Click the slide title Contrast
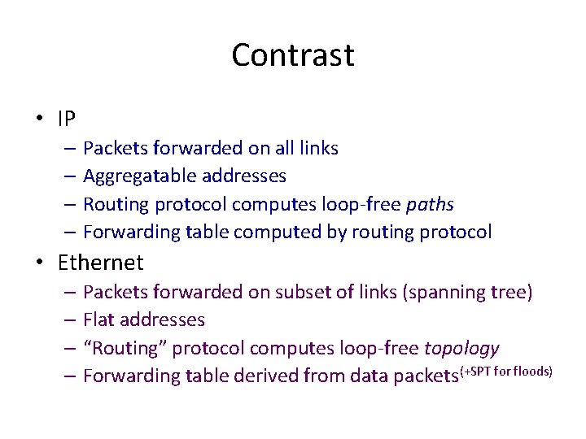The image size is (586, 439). (292, 55)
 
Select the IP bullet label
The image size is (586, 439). (67, 120)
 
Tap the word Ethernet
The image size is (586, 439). (100, 263)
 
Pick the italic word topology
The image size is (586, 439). (461, 349)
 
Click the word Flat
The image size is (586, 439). (100, 320)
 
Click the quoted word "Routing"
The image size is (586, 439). (124, 349)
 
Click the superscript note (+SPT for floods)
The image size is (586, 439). (507, 372)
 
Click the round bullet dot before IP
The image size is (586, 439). (39, 120)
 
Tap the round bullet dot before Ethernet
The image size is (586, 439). (39, 263)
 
